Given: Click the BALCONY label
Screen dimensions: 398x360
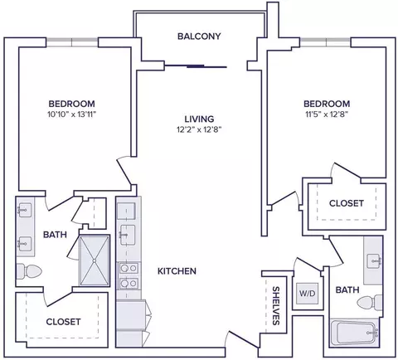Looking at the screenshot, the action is pyautogui.click(x=199, y=36).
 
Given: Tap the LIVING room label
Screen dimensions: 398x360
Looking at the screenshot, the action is pyautogui.click(x=199, y=119).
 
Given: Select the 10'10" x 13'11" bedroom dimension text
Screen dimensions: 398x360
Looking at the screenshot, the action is pyautogui.click(x=72, y=114).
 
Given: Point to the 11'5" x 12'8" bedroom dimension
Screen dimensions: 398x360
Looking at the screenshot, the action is pyautogui.click(x=327, y=114).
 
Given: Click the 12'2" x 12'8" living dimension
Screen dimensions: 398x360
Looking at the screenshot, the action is pyautogui.click(x=199, y=129).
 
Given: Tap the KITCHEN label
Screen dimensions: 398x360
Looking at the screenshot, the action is pyautogui.click(x=177, y=271).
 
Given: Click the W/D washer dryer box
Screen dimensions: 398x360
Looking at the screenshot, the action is pyautogui.click(x=308, y=293).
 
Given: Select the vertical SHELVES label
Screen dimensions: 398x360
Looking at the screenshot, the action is pyautogui.click(x=276, y=305).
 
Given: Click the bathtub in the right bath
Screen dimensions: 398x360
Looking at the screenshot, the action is pyautogui.click(x=355, y=333).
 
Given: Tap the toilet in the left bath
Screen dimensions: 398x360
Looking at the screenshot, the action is pyautogui.click(x=29, y=271).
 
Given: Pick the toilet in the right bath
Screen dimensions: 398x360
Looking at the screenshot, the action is pyautogui.click(x=370, y=302).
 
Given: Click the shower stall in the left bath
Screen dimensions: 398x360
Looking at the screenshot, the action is pyautogui.click(x=95, y=260).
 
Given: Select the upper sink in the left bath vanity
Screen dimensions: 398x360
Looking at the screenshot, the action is pyautogui.click(x=24, y=210).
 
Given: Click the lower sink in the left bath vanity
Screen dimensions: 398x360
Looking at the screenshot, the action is pyautogui.click(x=25, y=244).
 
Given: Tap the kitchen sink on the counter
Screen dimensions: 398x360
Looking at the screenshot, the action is pyautogui.click(x=128, y=235).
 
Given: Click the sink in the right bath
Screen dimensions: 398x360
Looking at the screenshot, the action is pyautogui.click(x=374, y=260).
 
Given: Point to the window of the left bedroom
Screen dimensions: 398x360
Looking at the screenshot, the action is pyautogui.click(x=72, y=42).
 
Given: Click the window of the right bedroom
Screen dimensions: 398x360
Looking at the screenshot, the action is pyautogui.click(x=326, y=42).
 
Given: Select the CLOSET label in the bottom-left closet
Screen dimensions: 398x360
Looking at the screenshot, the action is pyautogui.click(x=63, y=322).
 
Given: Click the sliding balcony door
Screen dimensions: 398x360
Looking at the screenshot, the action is pyautogui.click(x=196, y=66).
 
